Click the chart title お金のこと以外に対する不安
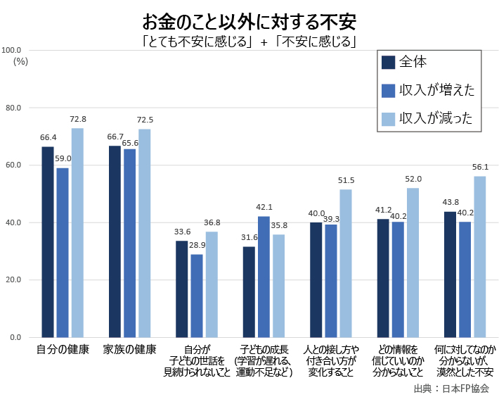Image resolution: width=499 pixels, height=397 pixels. click(x=249, y=18)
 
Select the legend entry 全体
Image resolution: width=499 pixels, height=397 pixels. click(x=413, y=62)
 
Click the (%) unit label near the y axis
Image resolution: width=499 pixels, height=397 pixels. click(x=20, y=61)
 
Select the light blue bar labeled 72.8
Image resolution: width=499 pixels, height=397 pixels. click(x=77, y=232)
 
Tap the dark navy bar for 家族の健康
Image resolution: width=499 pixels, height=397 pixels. click(x=115, y=241)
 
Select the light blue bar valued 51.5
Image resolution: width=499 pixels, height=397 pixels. click(x=346, y=263)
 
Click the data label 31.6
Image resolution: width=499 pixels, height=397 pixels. click(x=249, y=238)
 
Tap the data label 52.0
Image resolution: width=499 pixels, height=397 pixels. click(x=413, y=179)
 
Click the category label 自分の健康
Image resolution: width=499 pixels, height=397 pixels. click(x=63, y=349)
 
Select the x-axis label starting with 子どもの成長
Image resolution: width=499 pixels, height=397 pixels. click(x=264, y=360)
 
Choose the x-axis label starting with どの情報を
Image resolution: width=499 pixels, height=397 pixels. click(x=398, y=360)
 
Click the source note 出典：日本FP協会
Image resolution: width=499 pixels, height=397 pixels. click(x=451, y=388)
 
